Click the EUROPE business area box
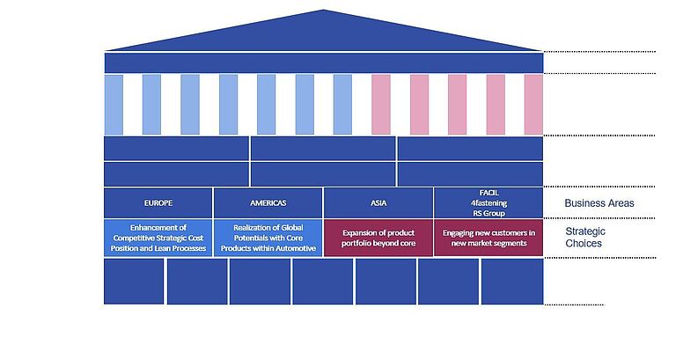point(158,203)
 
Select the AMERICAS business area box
point(268,203)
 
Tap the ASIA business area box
point(378,203)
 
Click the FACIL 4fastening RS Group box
point(488,203)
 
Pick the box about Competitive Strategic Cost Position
point(158,238)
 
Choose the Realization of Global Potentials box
point(268,238)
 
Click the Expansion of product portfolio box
point(378,238)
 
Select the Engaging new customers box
point(488,238)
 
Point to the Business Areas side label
point(599,203)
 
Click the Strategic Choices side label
point(585,237)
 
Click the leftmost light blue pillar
point(114,105)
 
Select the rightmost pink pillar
point(533,105)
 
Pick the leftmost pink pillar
point(381,105)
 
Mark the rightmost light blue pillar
point(342,105)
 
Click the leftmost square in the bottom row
point(134,281)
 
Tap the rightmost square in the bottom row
point(512,281)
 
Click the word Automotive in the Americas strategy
point(297,248)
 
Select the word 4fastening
point(488,203)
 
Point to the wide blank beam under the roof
point(324,62)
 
